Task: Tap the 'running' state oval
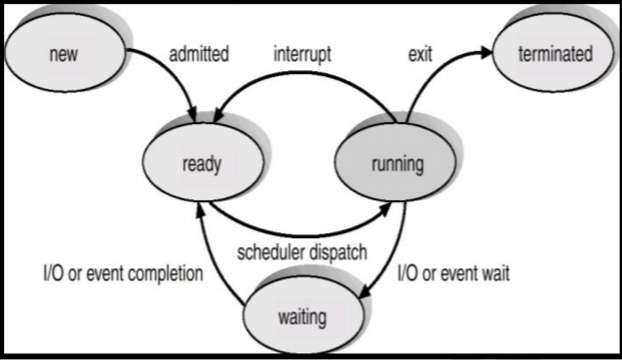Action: point(397,164)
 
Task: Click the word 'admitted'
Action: point(199,54)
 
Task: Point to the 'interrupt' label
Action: point(305,54)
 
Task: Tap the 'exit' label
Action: point(420,54)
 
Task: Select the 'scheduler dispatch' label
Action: point(302,253)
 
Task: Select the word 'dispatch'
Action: point(337,253)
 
